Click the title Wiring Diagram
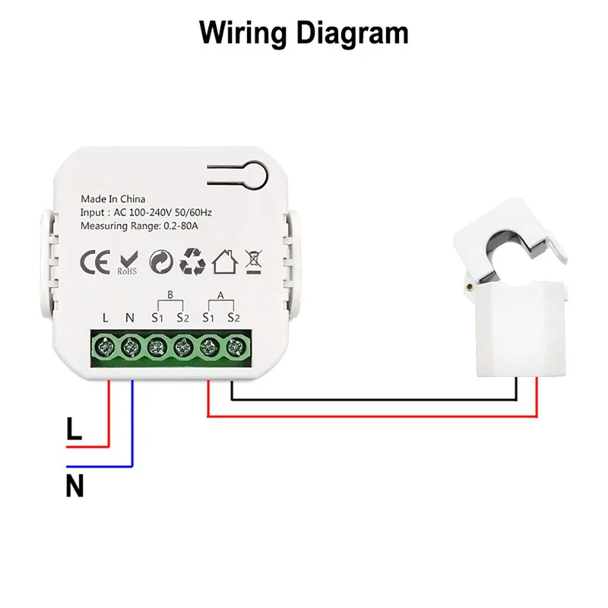[303, 33]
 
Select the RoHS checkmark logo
[127, 261]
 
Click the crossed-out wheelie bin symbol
[254, 261]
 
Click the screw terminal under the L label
[105, 347]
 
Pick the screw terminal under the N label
[130, 347]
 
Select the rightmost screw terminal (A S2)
[233, 347]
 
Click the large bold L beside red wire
[74, 430]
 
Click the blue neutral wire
[132, 426]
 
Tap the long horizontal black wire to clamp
[372, 398]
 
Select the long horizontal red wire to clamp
[372, 416]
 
